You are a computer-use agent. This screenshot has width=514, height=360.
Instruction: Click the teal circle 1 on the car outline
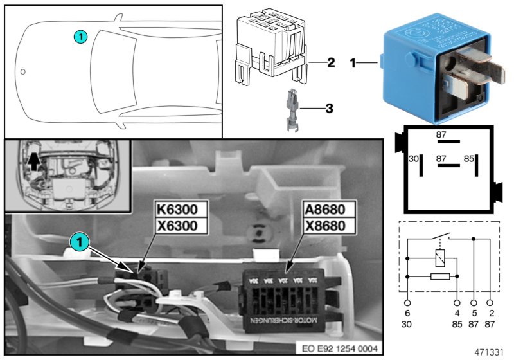tap(80, 37)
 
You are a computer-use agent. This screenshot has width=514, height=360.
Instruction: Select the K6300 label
tap(181, 210)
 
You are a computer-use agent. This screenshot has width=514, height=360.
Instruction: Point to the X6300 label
tap(181, 225)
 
